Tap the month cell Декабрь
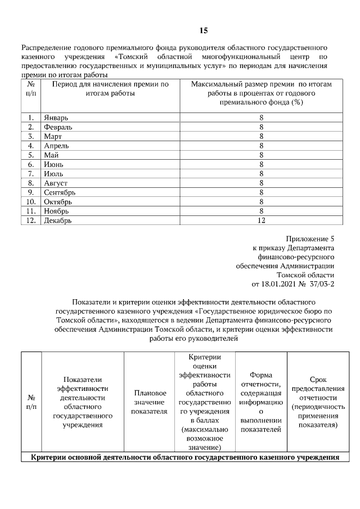pos(58,220)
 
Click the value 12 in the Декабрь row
pos(261,220)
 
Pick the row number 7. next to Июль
pos(31,174)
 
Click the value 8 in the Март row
pos(261,136)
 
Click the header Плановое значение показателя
pos(149,402)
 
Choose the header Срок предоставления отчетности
pos(314,403)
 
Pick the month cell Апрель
pos(56,146)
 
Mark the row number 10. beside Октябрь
pos(31,202)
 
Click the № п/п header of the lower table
pos(31,402)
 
